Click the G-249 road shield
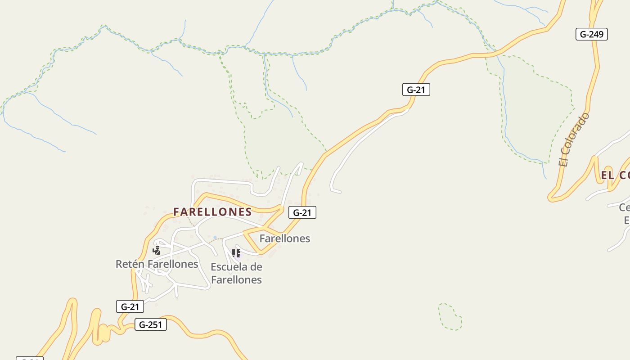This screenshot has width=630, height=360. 591,34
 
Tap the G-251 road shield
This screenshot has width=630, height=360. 150,324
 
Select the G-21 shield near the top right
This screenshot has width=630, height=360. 416,90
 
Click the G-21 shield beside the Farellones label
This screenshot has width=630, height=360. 302,212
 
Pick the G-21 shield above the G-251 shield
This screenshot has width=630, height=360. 130,307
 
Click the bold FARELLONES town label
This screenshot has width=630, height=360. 212,212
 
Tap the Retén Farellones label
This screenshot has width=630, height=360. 157,264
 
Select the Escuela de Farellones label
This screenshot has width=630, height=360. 236,273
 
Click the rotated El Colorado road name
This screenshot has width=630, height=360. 573,140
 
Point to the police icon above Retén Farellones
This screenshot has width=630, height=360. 156,251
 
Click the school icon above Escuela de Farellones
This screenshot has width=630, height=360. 236,253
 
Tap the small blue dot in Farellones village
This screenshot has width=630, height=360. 215,238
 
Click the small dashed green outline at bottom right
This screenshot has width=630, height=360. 450,317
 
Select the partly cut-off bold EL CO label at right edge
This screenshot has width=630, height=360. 615,175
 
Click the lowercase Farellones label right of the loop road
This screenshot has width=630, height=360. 284,238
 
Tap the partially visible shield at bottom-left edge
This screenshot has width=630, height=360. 30,358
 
